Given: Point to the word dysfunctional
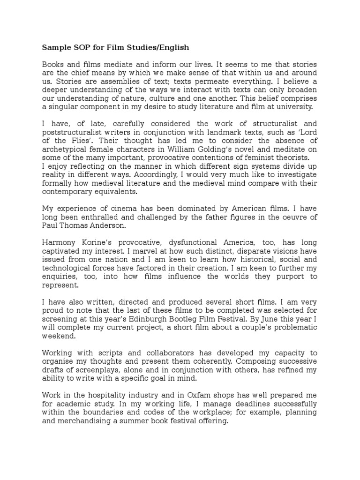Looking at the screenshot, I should (181, 243).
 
